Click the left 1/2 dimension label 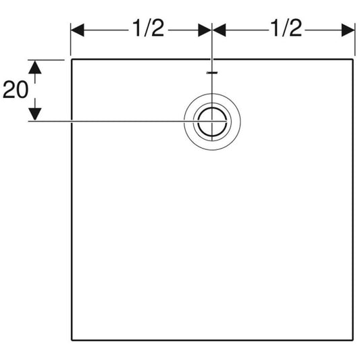(x=149, y=28)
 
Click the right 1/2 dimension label (x=286, y=28)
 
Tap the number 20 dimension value (x=16, y=90)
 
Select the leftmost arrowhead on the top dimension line (x=78, y=30)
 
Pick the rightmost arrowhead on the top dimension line (x=348, y=30)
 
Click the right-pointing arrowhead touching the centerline (x=205, y=30)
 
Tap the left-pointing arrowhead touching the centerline (x=219, y=30)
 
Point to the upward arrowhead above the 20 (x=35, y=67)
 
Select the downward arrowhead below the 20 (x=35, y=114)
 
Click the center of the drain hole (x=212, y=121)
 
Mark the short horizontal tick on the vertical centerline (x=212, y=73)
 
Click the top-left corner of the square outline (x=72, y=59)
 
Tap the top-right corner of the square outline (x=353, y=59)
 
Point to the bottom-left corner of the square (x=72, y=340)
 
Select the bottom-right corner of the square (x=353, y=340)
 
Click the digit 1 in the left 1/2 (x=137, y=28)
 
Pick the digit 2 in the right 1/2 (x=295, y=28)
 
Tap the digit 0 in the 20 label (x=22, y=90)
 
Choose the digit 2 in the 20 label (x=9, y=90)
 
